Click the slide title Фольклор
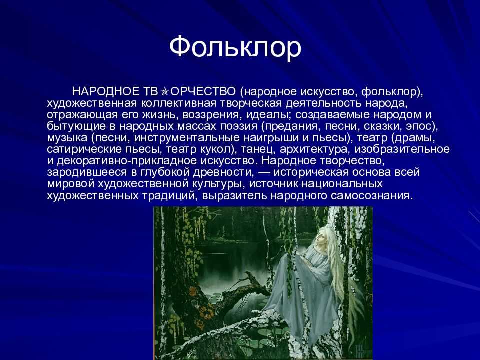tap(235, 48)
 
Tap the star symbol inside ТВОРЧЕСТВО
tap(164, 91)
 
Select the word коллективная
tap(179, 103)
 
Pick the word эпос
tap(420, 126)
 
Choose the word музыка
tap(67, 138)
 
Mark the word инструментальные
tap(187, 138)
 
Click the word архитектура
tap(315, 149)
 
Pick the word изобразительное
tap(402, 149)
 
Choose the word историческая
tap(311, 172)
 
